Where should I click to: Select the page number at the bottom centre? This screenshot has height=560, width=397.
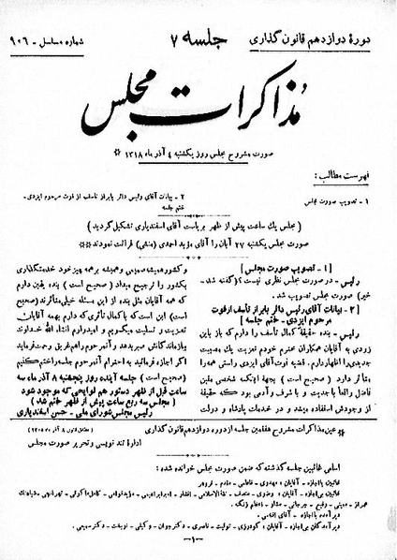pyautogui.click(x=198, y=544)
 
